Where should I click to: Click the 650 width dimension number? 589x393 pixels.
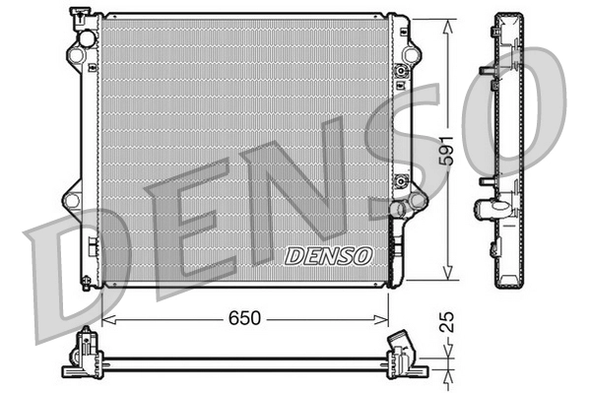tap(245, 318)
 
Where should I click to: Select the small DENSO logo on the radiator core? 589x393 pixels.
tap(330, 255)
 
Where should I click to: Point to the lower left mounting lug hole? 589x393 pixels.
tap(71, 200)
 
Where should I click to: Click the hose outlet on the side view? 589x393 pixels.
tap(490, 208)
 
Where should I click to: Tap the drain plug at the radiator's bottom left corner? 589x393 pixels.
tap(90, 282)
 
